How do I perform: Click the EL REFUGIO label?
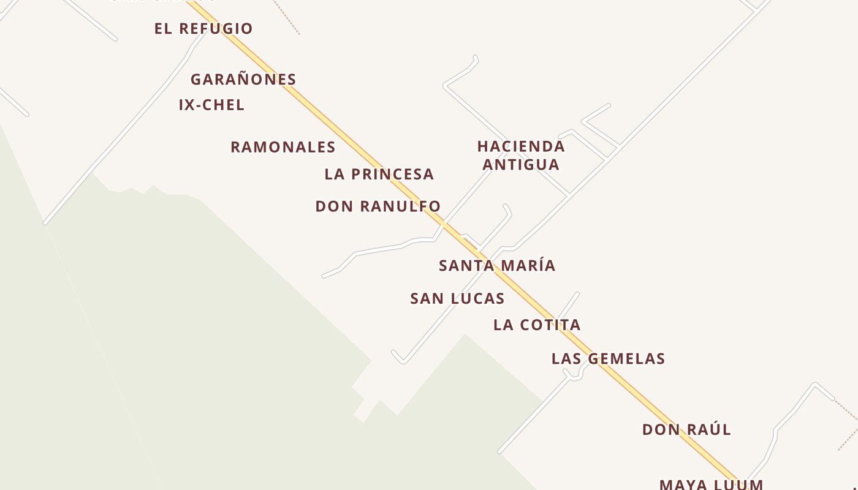point(203,29)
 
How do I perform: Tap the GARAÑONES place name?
point(243,80)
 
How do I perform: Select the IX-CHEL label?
point(211,105)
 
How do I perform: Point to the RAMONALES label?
point(283,148)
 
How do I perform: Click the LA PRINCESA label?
point(379,175)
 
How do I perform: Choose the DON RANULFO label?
point(378,207)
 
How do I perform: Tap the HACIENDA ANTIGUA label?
point(521,156)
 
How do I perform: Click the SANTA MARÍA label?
point(497,266)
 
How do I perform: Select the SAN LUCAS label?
point(457,299)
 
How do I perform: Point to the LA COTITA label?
point(537,325)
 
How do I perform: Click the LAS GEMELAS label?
point(608,359)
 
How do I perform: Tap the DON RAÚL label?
point(686,430)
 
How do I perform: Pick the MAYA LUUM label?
point(711,484)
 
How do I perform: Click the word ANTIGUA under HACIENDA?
point(521,165)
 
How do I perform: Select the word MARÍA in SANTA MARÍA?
point(526,266)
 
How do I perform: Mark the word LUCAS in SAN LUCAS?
point(476,299)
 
